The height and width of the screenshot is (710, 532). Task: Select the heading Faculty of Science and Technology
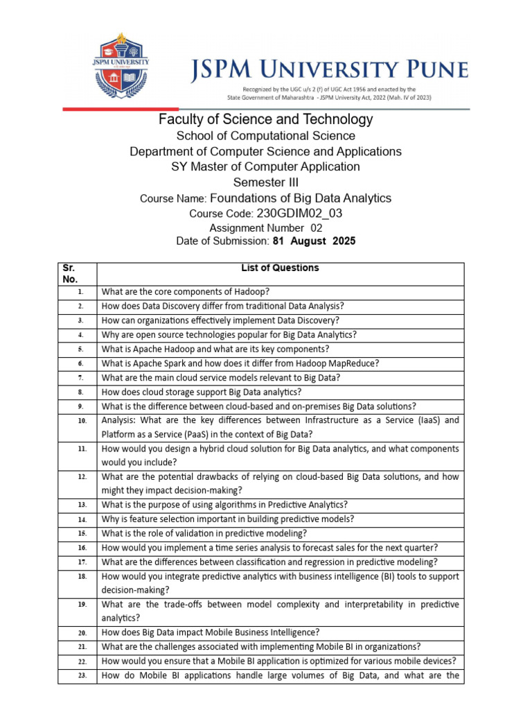point(265,119)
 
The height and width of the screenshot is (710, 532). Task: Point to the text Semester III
point(265,182)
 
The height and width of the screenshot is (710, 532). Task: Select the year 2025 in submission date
point(344,241)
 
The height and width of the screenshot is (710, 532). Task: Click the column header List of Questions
point(280,268)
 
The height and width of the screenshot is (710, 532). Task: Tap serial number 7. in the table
point(80,378)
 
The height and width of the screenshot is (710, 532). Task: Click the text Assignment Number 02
point(265,227)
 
